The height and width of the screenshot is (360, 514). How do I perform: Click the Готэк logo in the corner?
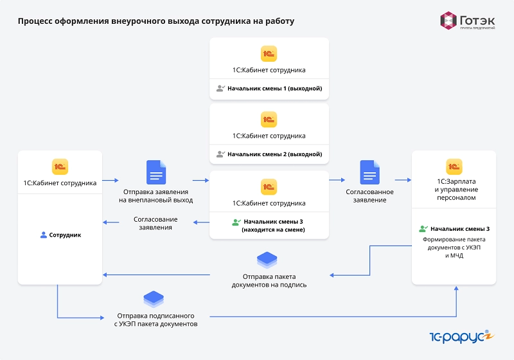(x=468, y=21)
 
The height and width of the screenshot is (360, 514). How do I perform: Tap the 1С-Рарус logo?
(x=461, y=337)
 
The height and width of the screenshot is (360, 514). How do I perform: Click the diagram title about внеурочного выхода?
(x=156, y=21)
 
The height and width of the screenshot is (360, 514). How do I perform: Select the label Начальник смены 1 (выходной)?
(x=275, y=89)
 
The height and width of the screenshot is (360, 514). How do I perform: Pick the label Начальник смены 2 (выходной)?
(x=275, y=154)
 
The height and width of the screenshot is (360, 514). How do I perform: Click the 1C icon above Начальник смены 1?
(x=269, y=54)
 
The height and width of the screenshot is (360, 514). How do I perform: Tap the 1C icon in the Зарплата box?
(x=454, y=166)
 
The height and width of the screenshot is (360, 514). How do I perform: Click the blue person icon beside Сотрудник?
(x=43, y=235)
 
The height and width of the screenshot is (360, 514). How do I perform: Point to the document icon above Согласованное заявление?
(x=370, y=172)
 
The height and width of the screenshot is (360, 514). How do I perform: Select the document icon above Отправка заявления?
(x=156, y=172)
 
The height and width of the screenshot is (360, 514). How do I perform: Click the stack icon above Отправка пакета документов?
(x=267, y=260)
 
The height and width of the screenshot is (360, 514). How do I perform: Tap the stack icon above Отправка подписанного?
(x=154, y=299)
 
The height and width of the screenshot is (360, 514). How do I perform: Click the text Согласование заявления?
(x=155, y=223)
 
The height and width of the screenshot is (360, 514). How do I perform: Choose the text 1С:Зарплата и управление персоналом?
(x=456, y=190)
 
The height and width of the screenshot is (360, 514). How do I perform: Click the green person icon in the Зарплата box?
(x=423, y=228)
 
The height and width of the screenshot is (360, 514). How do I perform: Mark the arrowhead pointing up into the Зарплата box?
(x=456, y=288)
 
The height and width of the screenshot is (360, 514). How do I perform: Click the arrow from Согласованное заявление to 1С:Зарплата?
(x=403, y=180)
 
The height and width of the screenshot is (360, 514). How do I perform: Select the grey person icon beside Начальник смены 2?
(x=220, y=154)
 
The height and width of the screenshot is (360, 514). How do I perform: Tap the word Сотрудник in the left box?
(x=65, y=235)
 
